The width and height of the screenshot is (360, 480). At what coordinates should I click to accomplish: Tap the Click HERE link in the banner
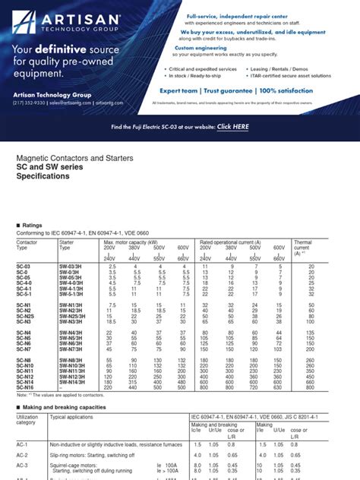tap(232, 127)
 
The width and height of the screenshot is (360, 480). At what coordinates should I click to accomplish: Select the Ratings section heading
tap(33, 226)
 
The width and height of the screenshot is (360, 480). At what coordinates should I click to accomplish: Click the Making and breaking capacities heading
tap(65, 408)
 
